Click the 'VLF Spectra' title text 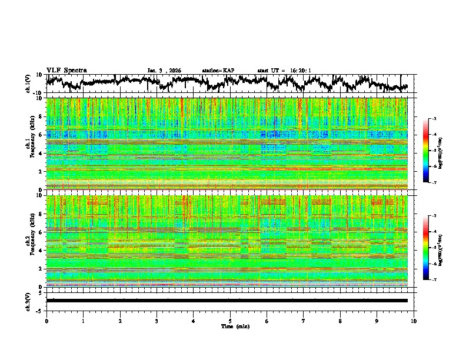(x=66, y=70)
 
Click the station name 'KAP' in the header (x=228, y=71)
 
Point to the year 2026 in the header (x=174, y=71)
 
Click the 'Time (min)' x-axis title (x=230, y=326)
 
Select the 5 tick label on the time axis (x=230, y=321)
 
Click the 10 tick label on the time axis (x=414, y=321)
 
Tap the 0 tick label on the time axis (x=46, y=321)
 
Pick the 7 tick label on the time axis (x=304, y=321)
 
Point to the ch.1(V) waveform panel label (x=29, y=84)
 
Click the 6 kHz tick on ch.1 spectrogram (x=41, y=135)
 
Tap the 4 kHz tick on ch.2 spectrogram (x=41, y=250)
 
